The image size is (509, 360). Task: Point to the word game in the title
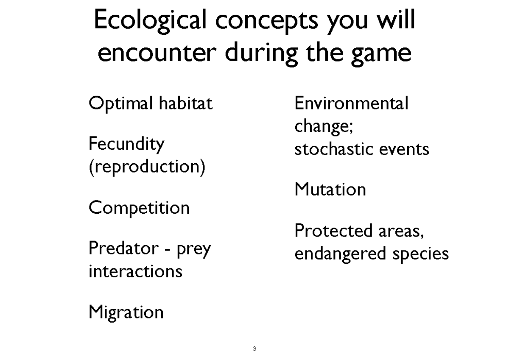pos(381,54)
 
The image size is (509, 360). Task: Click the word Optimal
pos(120,103)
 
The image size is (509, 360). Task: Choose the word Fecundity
pos(126,145)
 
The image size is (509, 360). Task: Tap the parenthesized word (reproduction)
pos(147,167)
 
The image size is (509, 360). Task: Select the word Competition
pos(139,208)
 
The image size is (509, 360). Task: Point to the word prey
pos(193,250)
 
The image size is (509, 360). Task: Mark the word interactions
pos(135,271)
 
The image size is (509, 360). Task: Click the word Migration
pos(126,313)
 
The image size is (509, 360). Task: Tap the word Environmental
pos(352,103)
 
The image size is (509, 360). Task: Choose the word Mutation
pos(330,189)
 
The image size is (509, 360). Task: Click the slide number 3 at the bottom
pos(254,349)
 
